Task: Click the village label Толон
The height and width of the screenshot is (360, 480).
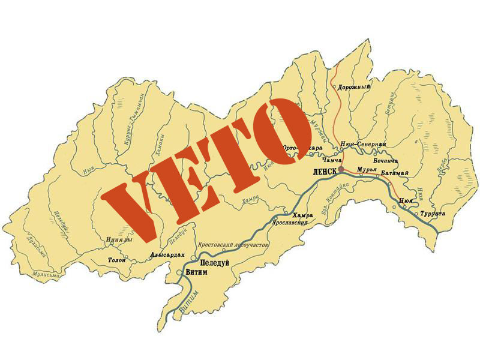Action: (x=116, y=260)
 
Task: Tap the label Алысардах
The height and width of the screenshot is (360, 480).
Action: (x=167, y=254)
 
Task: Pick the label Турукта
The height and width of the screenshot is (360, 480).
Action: (x=433, y=214)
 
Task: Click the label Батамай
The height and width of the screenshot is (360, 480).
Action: (x=395, y=173)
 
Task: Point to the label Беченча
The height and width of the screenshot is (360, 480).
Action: (x=386, y=161)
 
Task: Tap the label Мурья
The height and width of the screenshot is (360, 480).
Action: (x=367, y=170)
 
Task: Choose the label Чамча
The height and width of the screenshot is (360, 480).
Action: (x=332, y=160)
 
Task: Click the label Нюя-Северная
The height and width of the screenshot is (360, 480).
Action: (x=362, y=145)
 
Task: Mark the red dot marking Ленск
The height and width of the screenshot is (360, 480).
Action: (x=341, y=169)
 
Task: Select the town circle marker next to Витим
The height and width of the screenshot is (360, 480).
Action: (x=181, y=272)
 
